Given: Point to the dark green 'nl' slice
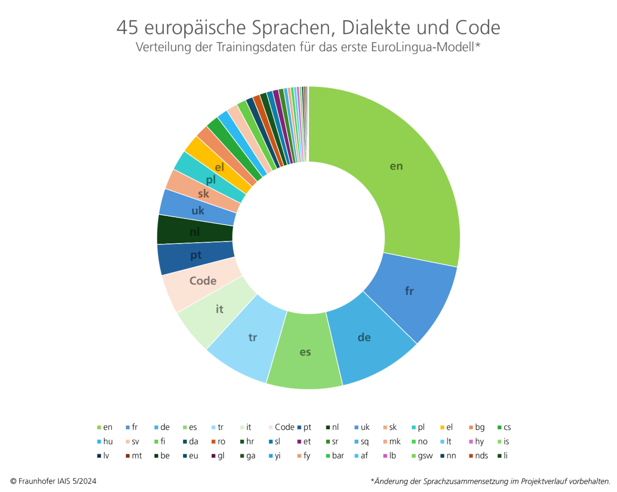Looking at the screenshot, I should point(195,231).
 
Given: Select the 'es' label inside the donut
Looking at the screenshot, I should point(305,352).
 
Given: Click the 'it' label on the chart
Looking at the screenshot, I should point(219,309).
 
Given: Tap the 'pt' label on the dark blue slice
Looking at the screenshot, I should point(196,255).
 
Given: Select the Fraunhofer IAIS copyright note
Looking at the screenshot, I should point(54,481).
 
